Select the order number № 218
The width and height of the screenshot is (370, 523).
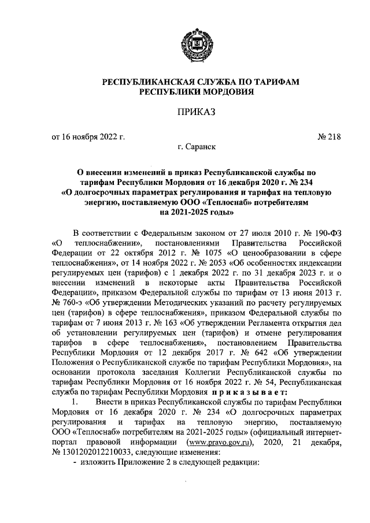(x=330, y=137)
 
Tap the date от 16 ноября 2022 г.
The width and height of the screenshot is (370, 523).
(x=88, y=137)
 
